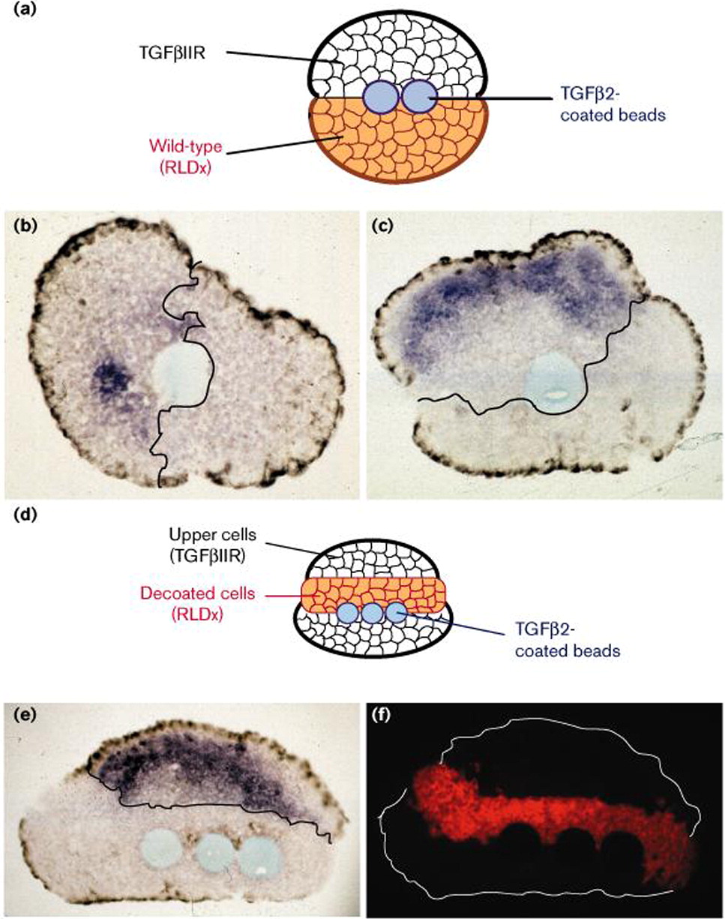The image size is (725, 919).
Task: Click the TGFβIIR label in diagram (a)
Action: point(172,55)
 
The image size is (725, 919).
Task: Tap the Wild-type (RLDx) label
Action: point(186,157)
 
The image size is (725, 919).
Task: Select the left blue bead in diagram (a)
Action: point(380,98)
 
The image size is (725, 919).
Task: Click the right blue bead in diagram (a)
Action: point(420,98)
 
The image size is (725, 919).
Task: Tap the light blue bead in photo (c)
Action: point(553,382)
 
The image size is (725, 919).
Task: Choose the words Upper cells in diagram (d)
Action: point(212,535)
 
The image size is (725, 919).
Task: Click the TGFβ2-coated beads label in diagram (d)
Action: point(568,640)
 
